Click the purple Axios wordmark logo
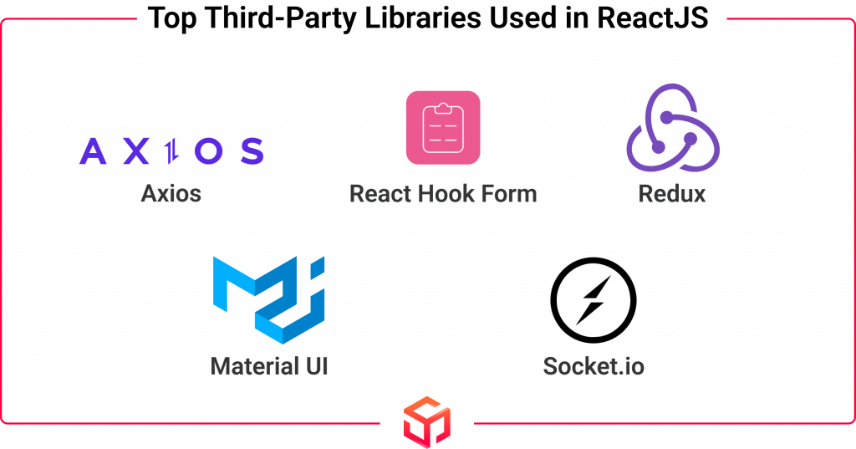click(171, 151)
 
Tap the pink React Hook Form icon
click(443, 128)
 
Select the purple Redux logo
click(673, 128)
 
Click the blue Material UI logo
click(268, 299)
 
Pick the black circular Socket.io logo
click(594, 300)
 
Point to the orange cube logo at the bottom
click(427, 422)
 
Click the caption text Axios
click(171, 193)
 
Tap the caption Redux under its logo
click(672, 193)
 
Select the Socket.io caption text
click(594, 366)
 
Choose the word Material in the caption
click(255, 366)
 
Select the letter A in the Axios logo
click(93, 151)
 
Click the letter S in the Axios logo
click(252, 151)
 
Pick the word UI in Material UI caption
click(317, 366)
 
